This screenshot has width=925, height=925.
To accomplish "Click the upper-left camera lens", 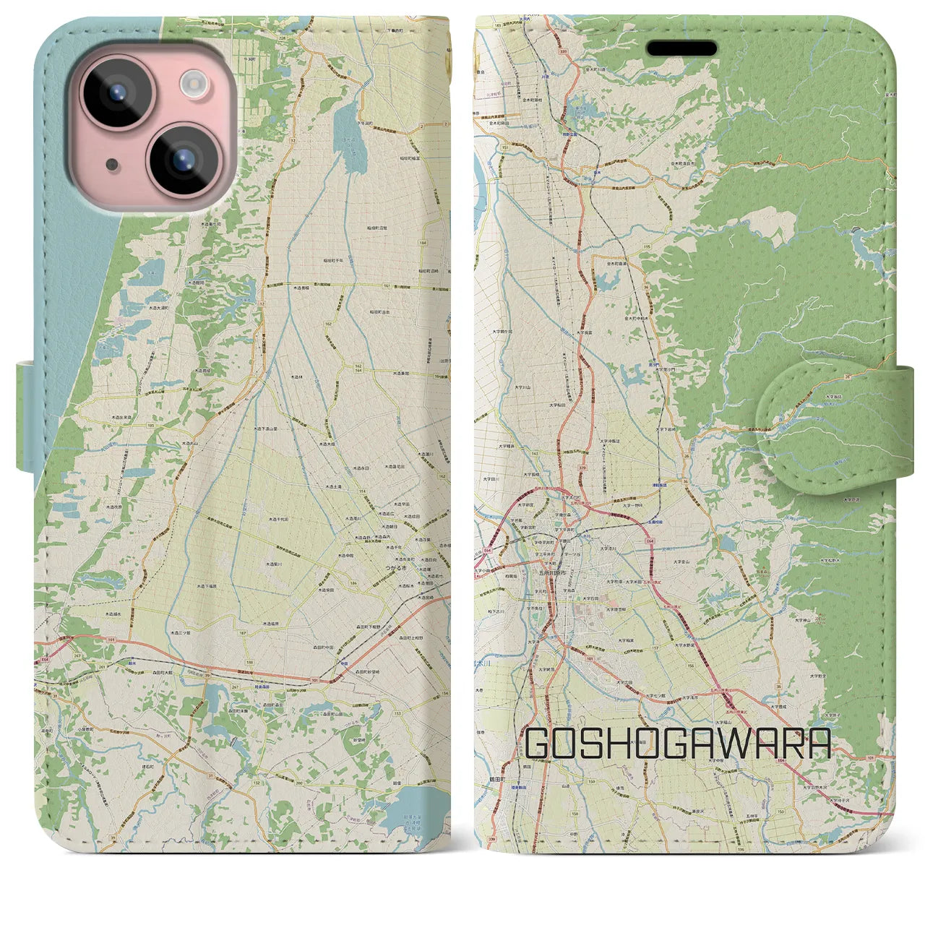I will (x=116, y=93).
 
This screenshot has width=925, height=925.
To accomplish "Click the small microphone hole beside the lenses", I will (x=112, y=165).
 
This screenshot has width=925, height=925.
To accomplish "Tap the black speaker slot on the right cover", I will (x=681, y=48).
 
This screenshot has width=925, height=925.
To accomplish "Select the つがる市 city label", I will (x=396, y=569).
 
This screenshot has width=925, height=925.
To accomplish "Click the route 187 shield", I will (x=243, y=633).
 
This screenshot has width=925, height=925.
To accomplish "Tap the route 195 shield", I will (x=647, y=247).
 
